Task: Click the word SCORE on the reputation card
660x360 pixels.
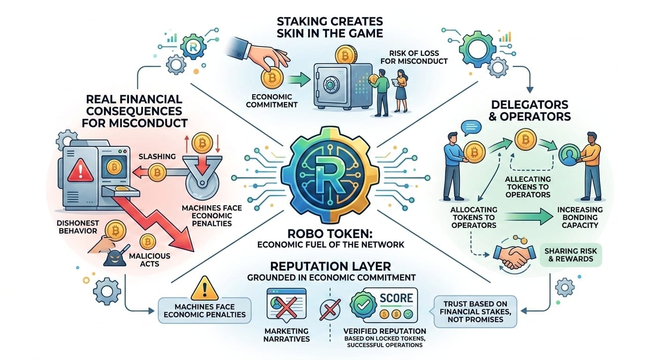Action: (396, 298)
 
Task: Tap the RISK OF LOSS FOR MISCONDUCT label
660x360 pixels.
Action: (418, 57)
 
